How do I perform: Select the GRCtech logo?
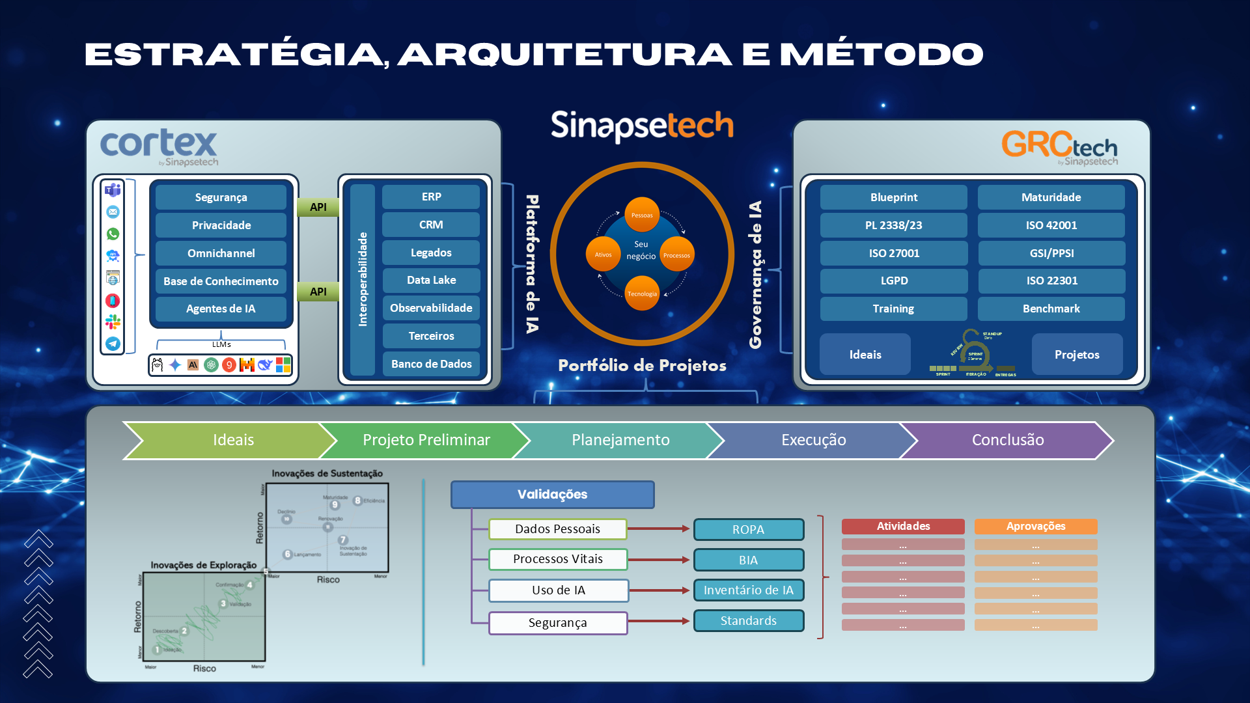click(x=1059, y=146)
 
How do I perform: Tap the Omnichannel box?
click(x=221, y=253)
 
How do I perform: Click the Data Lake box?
click(x=431, y=281)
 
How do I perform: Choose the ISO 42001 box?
click(x=1051, y=225)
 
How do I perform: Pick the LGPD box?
click(x=893, y=281)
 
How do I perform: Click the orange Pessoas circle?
click(x=642, y=215)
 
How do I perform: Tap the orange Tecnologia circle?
click(x=642, y=294)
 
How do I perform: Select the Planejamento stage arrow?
click(x=620, y=440)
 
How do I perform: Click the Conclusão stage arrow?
click(x=1007, y=440)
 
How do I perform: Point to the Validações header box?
click(x=552, y=495)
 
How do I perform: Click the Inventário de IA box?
click(x=748, y=590)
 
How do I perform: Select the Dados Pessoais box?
click(x=557, y=529)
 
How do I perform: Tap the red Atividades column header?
click(x=903, y=526)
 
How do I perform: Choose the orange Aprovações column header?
click(x=1035, y=526)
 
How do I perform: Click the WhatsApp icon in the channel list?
click(x=113, y=234)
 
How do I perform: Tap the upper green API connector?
click(x=318, y=207)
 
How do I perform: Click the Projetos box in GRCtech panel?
click(x=1077, y=355)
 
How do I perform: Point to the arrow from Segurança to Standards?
click(x=659, y=621)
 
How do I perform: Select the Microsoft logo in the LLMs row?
click(x=283, y=365)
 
